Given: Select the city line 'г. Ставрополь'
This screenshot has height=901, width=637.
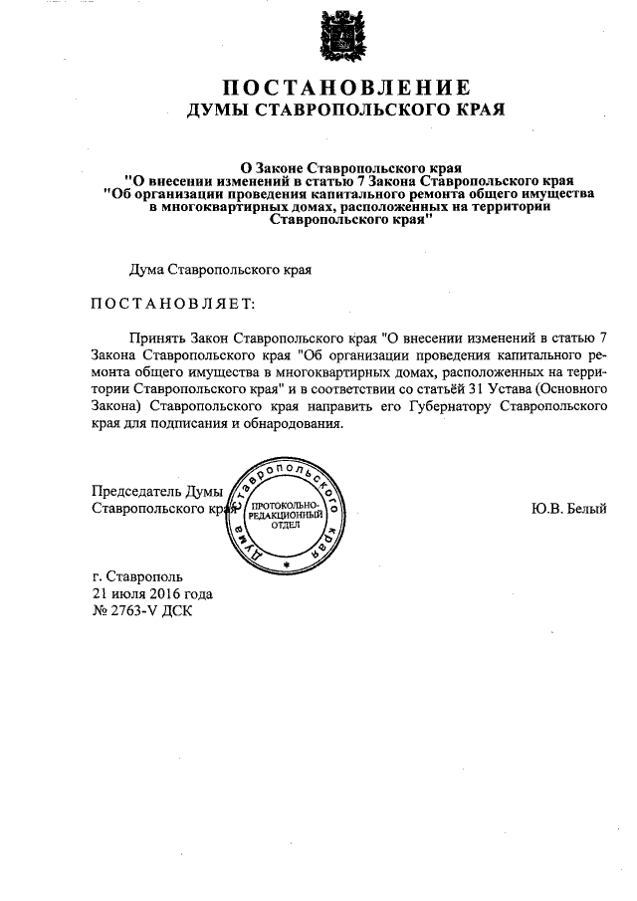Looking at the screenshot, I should (x=136, y=575).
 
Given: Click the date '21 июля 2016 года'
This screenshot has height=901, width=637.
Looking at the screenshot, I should (x=151, y=593).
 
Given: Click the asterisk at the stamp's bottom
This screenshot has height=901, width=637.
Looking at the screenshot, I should (x=286, y=565).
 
